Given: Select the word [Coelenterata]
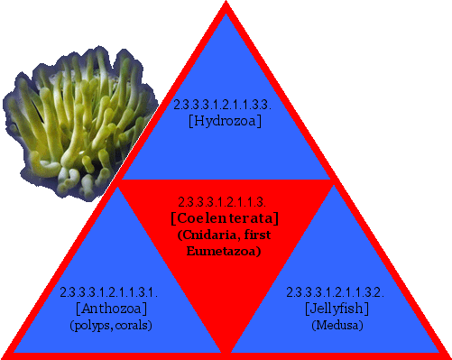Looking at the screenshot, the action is [x=225, y=218].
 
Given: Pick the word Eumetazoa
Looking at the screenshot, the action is [x=226, y=251].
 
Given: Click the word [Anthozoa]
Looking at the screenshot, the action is [x=110, y=309].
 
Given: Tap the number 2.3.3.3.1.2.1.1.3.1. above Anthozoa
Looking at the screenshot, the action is [x=110, y=292].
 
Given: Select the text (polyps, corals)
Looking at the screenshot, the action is [x=110, y=325].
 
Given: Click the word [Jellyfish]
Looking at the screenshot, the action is [x=336, y=309].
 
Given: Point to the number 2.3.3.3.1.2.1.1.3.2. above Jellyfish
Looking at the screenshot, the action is [x=336, y=292].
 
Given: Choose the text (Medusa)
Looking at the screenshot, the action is [x=336, y=325].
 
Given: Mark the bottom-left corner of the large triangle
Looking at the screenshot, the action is [x=5, y=355].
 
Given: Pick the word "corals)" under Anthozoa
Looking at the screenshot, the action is [x=131, y=325].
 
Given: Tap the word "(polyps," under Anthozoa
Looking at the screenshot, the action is [x=90, y=325].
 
